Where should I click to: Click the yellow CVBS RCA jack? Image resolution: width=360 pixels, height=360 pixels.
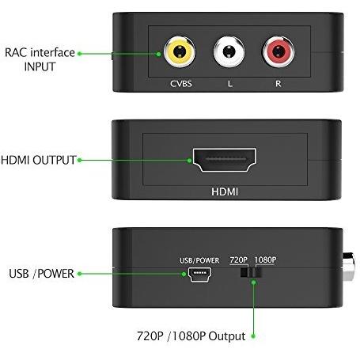click(x=180, y=51)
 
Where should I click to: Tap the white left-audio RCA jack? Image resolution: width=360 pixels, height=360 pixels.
click(x=229, y=51)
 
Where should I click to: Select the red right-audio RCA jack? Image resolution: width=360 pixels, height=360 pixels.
click(x=278, y=51)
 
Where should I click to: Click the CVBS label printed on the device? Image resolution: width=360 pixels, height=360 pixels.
click(x=181, y=84)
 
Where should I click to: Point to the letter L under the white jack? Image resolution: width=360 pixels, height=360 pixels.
click(x=230, y=84)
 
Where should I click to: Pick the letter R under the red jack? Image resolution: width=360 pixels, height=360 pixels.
click(x=279, y=84)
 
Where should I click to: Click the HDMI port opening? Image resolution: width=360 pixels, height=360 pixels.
click(x=225, y=160)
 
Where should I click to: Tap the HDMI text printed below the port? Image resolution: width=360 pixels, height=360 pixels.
click(x=225, y=191)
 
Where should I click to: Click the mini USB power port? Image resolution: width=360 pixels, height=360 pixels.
click(x=200, y=275)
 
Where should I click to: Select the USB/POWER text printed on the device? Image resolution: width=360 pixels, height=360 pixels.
click(x=199, y=260)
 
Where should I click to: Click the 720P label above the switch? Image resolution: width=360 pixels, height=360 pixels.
click(x=238, y=260)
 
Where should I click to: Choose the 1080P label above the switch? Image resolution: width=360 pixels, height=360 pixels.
click(x=265, y=260)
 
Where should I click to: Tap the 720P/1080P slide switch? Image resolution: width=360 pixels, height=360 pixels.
click(x=251, y=272)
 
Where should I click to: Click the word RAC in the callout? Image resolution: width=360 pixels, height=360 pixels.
click(x=16, y=52)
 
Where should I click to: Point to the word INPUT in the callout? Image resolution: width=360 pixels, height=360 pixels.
click(x=40, y=66)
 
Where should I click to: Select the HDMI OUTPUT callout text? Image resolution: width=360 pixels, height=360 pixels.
click(x=39, y=160)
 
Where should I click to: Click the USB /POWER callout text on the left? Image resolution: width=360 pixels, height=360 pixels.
click(x=41, y=274)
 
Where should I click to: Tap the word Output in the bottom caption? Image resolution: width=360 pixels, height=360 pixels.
click(x=227, y=336)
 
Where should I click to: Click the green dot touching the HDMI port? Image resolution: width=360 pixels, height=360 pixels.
click(x=189, y=161)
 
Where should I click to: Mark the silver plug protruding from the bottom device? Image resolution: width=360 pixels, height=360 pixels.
click(x=349, y=267)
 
